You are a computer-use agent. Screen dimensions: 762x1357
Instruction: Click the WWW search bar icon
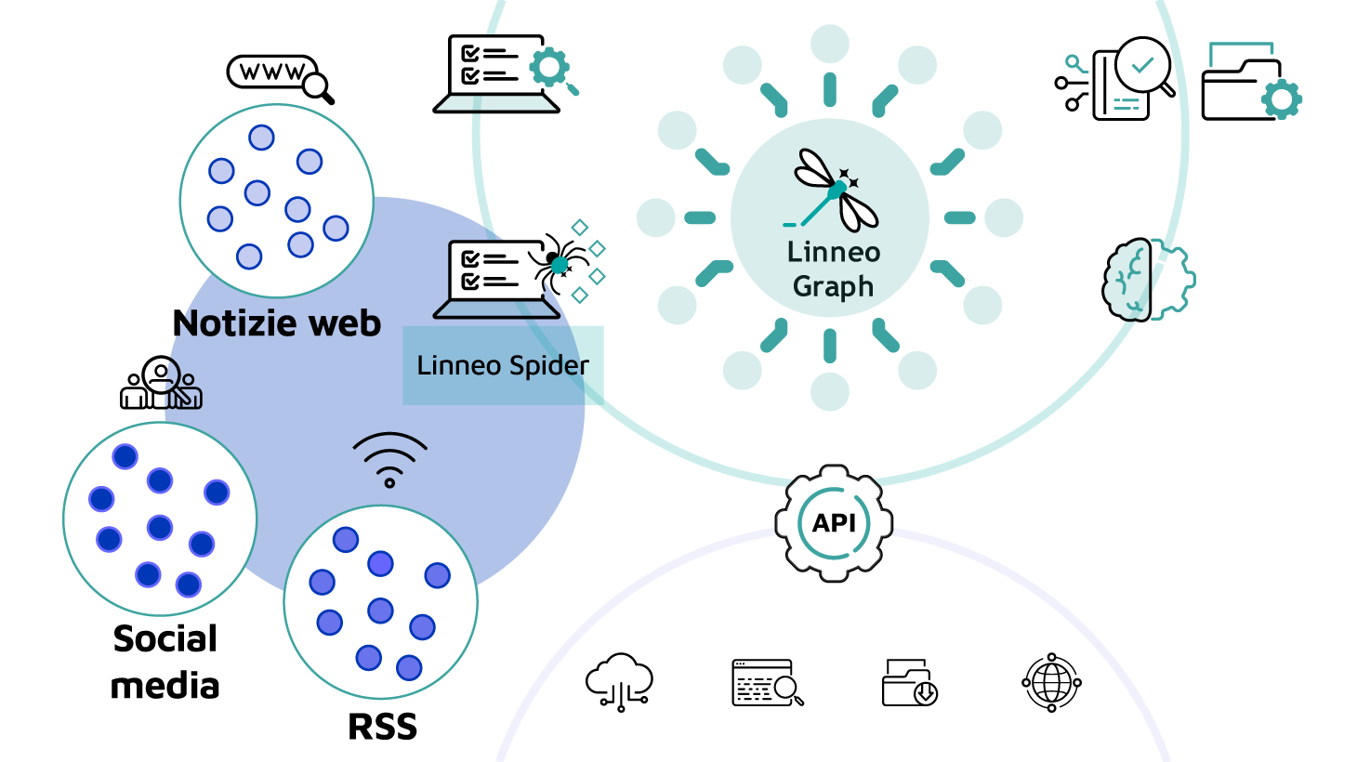pyautogui.click(x=279, y=75)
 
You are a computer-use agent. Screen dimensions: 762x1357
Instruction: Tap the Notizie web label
pyautogui.click(x=277, y=323)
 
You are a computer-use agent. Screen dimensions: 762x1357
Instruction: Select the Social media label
pyautogui.click(x=165, y=662)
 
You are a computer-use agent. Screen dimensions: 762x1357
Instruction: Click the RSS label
pyautogui.click(x=382, y=727)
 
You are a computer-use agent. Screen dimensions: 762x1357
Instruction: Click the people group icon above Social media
pyautogui.click(x=161, y=384)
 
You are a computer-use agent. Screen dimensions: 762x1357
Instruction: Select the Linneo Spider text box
pyautogui.click(x=503, y=365)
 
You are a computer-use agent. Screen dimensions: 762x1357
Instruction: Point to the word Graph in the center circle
pyautogui.click(x=833, y=287)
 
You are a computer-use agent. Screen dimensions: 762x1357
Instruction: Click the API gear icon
pyautogui.click(x=834, y=523)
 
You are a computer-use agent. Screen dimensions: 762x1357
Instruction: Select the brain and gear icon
pyautogui.click(x=1148, y=280)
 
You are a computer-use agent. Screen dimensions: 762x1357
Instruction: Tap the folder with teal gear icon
pyautogui.click(x=1251, y=85)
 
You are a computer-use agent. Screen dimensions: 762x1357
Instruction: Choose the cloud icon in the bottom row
pyautogui.click(x=619, y=682)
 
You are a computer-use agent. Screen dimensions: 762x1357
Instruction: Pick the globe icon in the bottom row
pyautogui.click(x=1051, y=683)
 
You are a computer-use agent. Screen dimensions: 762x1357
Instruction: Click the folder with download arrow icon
pyautogui.click(x=909, y=683)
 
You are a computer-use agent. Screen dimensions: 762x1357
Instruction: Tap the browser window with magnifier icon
pyautogui.click(x=767, y=683)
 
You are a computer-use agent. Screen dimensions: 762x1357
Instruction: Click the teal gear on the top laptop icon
pyautogui.click(x=549, y=68)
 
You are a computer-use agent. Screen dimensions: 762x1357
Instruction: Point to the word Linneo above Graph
pyautogui.click(x=833, y=252)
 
